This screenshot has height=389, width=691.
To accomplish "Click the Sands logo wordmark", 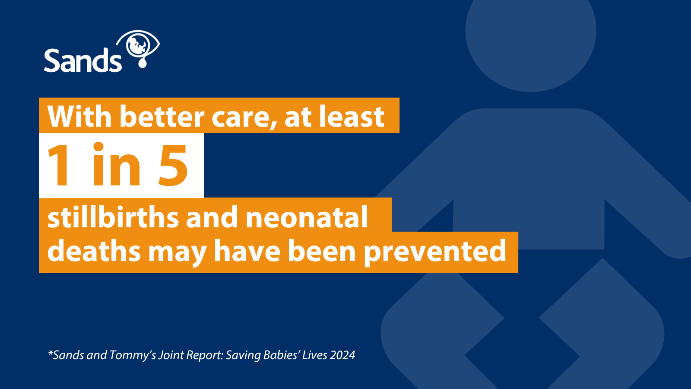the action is (82, 60).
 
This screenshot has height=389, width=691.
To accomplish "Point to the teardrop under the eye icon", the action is (143, 63).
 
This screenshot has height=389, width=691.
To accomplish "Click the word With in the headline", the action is (79, 116).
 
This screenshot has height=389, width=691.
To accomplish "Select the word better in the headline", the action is (162, 116).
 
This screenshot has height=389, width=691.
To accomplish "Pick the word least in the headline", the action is (352, 116).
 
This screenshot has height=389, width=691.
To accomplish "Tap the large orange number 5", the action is (173, 165).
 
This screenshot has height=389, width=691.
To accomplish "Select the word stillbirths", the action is (113, 217).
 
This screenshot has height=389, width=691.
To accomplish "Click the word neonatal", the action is (307, 217).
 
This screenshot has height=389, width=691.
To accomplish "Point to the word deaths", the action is (94, 251).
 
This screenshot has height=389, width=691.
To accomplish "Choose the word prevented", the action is (435, 252).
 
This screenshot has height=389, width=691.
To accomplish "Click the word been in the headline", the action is (322, 251).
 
